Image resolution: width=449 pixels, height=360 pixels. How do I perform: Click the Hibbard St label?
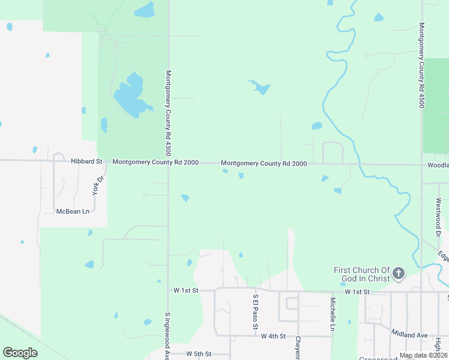[86, 162]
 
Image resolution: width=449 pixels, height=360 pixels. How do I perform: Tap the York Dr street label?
[98, 185]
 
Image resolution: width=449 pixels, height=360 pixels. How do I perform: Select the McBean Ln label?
[72, 211]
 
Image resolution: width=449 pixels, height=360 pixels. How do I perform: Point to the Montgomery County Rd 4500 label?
[422, 65]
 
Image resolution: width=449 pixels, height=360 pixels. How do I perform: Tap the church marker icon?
[398, 275]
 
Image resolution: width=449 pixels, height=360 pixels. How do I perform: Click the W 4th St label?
[274, 337]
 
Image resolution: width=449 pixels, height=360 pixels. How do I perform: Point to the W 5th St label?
[199, 354]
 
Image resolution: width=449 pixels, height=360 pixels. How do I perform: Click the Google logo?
[20, 353]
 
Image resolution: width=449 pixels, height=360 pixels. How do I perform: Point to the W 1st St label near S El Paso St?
[185, 290]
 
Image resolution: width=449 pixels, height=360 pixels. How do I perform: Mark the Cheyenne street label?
[298, 347]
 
